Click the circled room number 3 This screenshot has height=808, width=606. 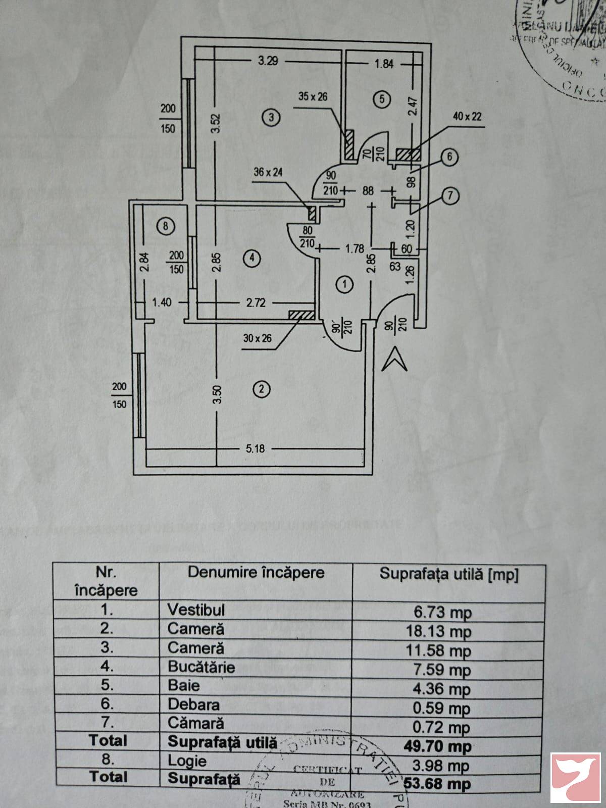coord(271,118)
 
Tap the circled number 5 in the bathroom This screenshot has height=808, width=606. coord(382,99)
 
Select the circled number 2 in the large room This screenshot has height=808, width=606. coord(262,389)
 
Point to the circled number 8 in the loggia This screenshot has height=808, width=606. coord(165,226)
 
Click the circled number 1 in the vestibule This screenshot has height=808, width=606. coord(344,284)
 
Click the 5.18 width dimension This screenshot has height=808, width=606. coord(255,448)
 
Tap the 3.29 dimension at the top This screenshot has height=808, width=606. coord(268,61)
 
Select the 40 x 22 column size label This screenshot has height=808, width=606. coord(467,117)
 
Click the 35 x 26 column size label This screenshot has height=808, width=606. coord(313,96)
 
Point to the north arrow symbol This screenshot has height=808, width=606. coord(394,360)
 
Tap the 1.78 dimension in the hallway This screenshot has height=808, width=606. coord(355,248)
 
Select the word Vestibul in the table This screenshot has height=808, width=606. coord(196,610)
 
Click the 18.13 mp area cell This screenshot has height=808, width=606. coord(438,631)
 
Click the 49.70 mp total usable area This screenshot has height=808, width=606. coord(437,746)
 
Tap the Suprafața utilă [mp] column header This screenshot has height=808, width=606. coord(449,574)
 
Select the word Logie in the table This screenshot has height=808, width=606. coord(187,761)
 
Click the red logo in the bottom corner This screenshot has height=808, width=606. coord(575,778)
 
